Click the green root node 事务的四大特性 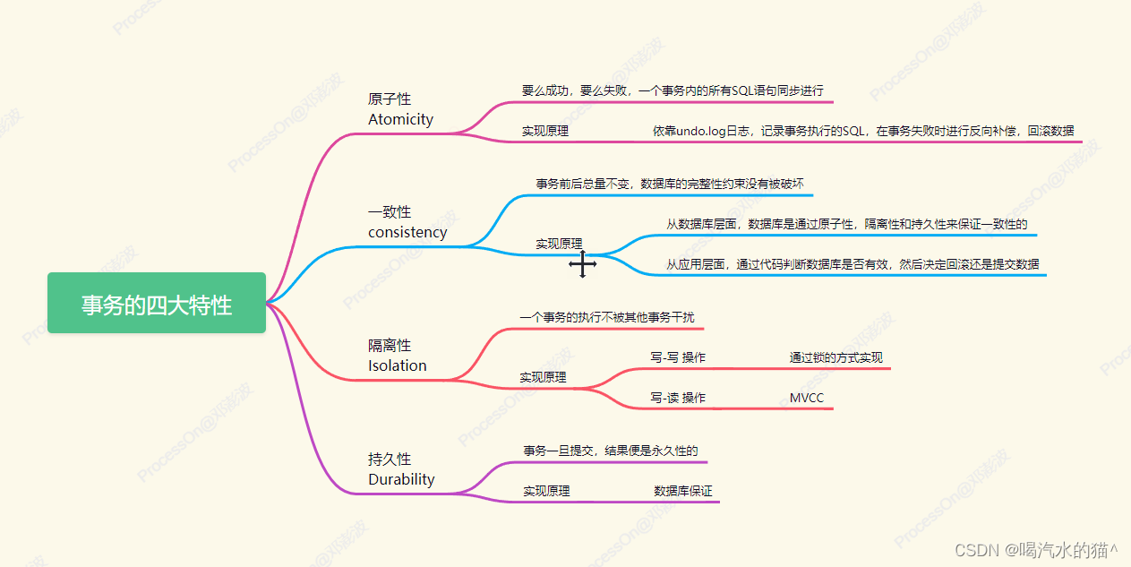[x=157, y=303]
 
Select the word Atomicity [x=401, y=120]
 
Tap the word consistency [x=407, y=232]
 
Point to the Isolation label [x=398, y=365]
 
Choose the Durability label [x=401, y=479]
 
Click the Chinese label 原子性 [x=390, y=99]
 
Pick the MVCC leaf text [x=806, y=398]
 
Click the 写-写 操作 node [x=678, y=357]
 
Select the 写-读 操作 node [x=678, y=398]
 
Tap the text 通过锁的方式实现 [x=836, y=357]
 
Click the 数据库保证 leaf [x=683, y=491]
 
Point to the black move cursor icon [x=583, y=263]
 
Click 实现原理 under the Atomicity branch [x=545, y=132]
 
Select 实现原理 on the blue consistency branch [x=559, y=245]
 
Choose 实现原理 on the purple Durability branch [x=546, y=491]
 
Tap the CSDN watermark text [x=1036, y=550]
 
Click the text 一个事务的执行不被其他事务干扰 [x=607, y=317]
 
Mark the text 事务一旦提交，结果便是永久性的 [x=611, y=451]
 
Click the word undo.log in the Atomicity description [x=701, y=132]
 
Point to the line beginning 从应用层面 [x=853, y=264]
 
